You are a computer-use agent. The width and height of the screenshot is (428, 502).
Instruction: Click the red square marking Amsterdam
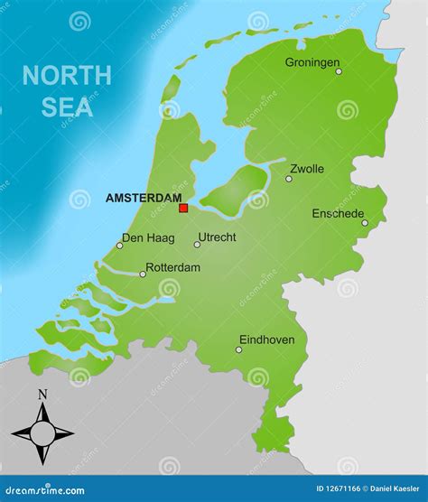183,208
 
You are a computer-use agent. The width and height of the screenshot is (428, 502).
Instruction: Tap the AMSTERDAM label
144,198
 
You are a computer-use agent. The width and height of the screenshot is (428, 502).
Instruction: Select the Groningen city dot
339,71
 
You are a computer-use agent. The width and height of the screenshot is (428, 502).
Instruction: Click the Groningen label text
312,61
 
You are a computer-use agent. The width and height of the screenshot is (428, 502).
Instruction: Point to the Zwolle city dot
289,179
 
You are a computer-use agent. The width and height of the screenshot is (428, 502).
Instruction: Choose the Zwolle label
307,168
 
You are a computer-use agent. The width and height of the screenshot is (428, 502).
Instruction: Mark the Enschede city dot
365,223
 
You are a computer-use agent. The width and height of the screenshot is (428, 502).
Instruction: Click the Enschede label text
338,213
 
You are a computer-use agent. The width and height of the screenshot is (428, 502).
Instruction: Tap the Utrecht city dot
197,245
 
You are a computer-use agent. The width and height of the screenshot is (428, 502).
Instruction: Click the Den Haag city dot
119,245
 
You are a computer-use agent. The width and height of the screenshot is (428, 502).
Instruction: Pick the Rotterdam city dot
142,274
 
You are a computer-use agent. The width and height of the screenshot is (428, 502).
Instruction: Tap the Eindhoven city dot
238,349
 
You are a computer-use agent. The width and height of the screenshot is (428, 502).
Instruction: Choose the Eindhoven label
266,339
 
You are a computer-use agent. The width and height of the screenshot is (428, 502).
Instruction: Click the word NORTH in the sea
67,76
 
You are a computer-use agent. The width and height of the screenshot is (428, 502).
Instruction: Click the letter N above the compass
42,394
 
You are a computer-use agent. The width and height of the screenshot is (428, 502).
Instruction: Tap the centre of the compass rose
42,432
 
